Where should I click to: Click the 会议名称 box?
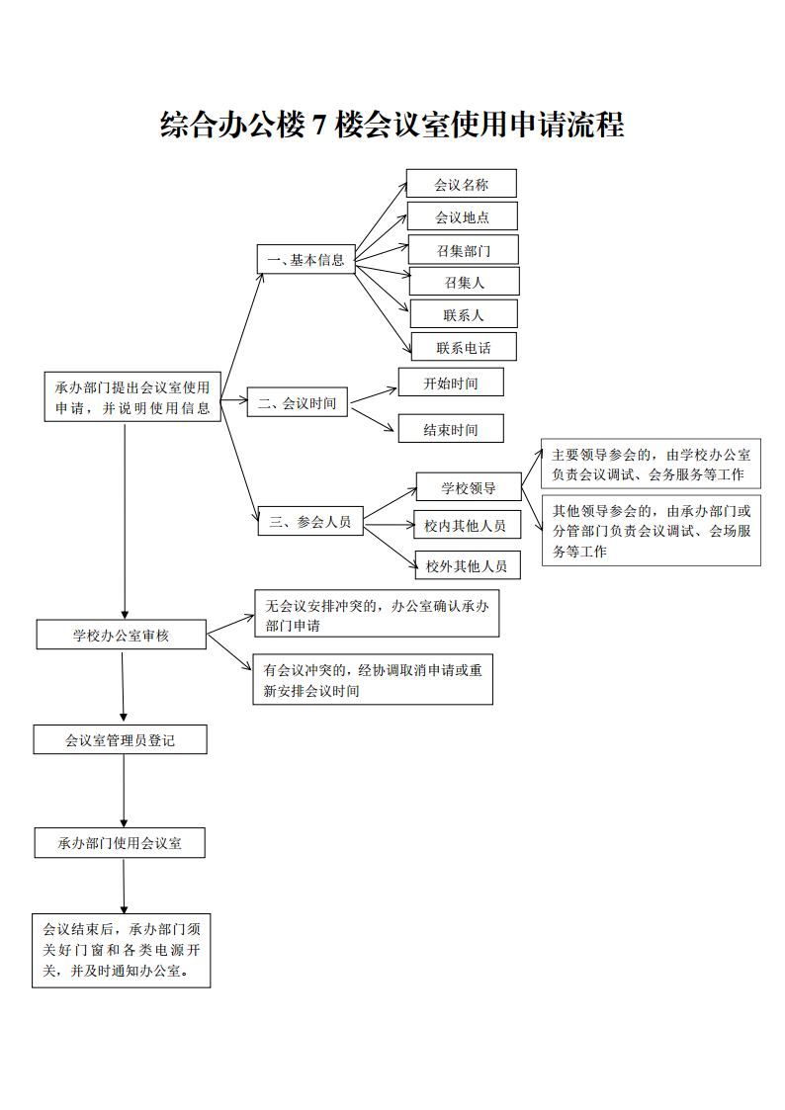click(461, 184)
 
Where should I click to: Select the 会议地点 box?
click(462, 216)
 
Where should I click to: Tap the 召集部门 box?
click(463, 250)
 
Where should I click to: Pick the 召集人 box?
click(464, 283)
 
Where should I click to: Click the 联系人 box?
click(464, 315)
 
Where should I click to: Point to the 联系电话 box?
click(464, 347)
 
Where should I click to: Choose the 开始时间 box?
click(450, 383)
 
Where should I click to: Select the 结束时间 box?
click(450, 429)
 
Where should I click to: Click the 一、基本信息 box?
click(305, 260)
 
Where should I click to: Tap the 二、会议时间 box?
click(298, 402)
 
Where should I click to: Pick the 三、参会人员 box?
click(310, 521)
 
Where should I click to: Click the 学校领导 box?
click(468, 487)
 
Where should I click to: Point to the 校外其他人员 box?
click(467, 565)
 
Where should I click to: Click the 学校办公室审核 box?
click(122, 635)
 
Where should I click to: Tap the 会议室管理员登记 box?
click(121, 739)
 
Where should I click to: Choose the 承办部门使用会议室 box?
click(121, 843)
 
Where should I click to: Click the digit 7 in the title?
click(318, 126)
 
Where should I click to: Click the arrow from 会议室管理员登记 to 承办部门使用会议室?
click(124, 791)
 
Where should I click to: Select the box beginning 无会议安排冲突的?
click(377, 615)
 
